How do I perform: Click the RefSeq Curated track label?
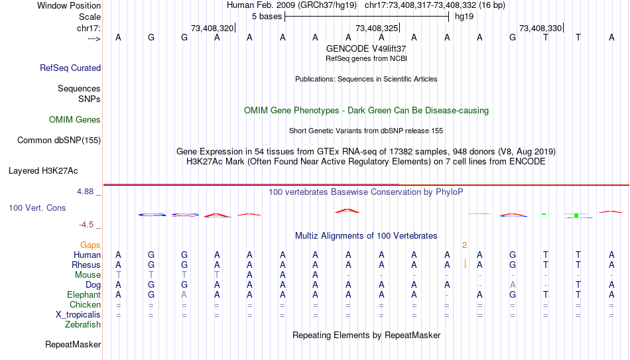click(x=70, y=68)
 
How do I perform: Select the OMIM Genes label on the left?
click(x=75, y=120)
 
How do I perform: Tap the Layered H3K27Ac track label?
click(x=43, y=171)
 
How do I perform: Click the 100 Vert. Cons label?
click(x=37, y=208)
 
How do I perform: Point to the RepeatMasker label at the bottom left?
click(x=73, y=344)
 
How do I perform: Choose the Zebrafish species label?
click(x=83, y=324)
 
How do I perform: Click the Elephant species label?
click(x=84, y=294)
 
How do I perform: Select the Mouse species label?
click(x=88, y=275)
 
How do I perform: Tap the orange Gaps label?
click(x=90, y=245)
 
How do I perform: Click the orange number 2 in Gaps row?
click(x=464, y=245)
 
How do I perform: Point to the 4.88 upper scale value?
click(x=85, y=192)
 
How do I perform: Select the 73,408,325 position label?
click(x=377, y=28)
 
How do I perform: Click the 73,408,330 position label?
click(x=540, y=28)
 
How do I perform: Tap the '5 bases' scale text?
click(x=267, y=17)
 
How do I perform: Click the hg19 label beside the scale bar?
click(x=464, y=17)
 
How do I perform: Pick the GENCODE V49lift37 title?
click(x=366, y=48)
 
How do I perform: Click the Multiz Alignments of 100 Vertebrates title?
click(x=366, y=236)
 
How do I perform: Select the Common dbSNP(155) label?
click(x=59, y=141)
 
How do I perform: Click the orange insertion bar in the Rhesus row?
click(x=466, y=264)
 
